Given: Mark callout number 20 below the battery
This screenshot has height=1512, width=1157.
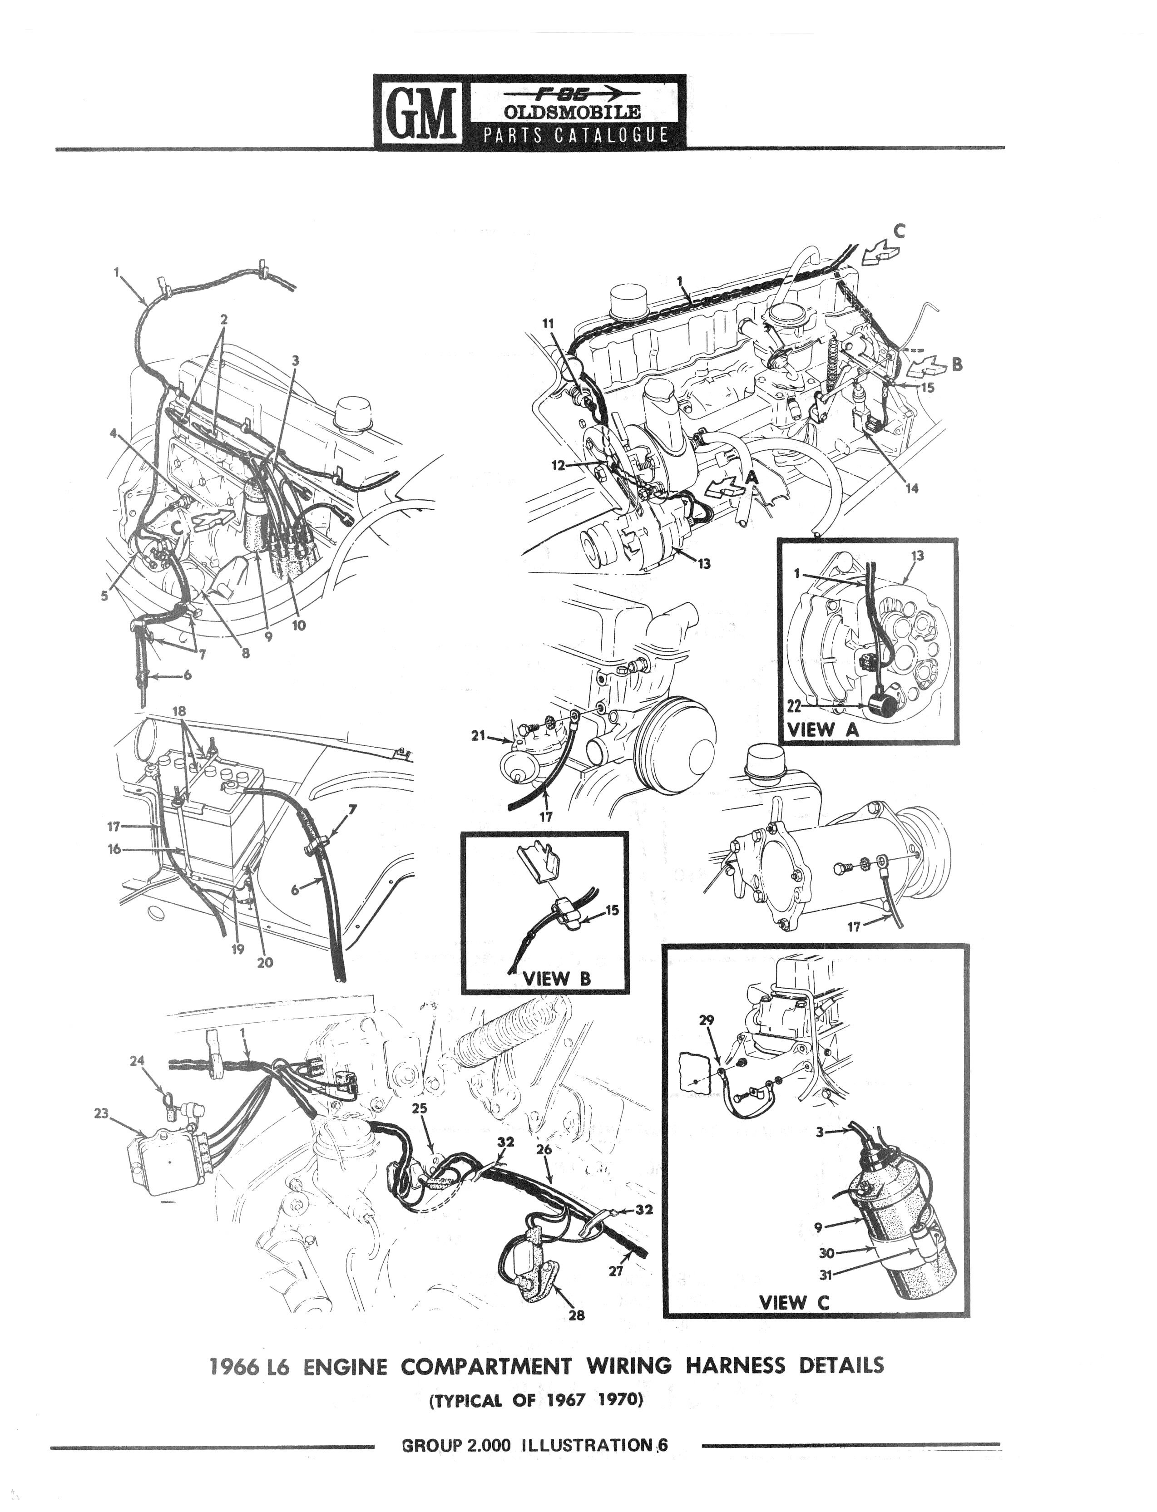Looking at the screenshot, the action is pyautogui.click(x=264, y=963).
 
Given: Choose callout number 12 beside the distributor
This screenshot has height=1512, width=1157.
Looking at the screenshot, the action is pyautogui.click(x=559, y=465).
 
